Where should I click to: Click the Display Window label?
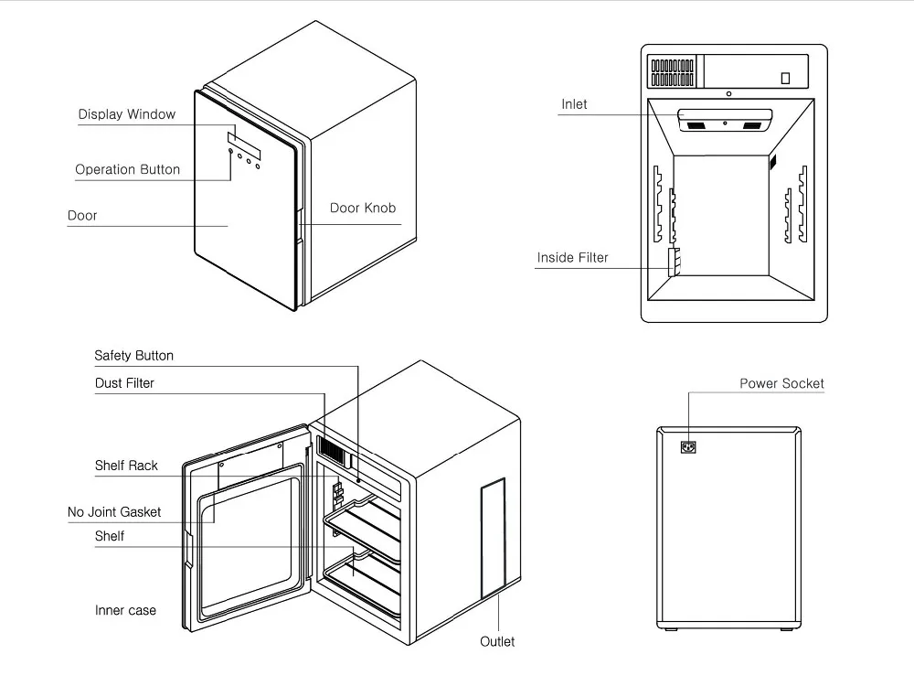coord(126,114)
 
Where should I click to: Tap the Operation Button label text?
coord(128,170)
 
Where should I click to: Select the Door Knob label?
coord(363,209)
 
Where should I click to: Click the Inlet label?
coord(574,104)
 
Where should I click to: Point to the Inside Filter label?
coord(572,258)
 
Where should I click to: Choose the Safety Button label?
coord(134,356)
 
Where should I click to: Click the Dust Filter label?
coord(124,383)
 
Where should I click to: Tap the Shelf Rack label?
coord(126,466)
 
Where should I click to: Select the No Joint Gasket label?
coord(114,512)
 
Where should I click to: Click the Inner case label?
coord(125,611)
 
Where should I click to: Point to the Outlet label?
coord(497,642)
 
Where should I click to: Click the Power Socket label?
coord(781,384)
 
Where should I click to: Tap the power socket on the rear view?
coord(688,447)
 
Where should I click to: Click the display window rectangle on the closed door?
coord(244,145)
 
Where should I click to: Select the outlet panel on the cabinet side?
coord(494,539)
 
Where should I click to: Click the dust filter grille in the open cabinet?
coord(333,449)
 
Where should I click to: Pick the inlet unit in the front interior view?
coord(725,120)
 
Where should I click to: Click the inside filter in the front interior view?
coord(674,262)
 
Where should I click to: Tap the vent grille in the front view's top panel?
coord(672,71)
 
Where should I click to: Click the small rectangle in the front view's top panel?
coord(785,78)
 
